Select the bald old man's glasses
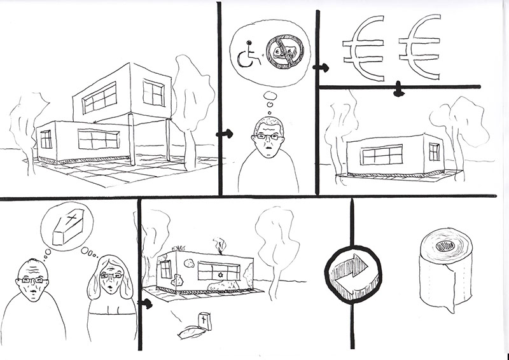32,279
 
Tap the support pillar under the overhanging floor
132,140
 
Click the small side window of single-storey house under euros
434,152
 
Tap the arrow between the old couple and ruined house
146,304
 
